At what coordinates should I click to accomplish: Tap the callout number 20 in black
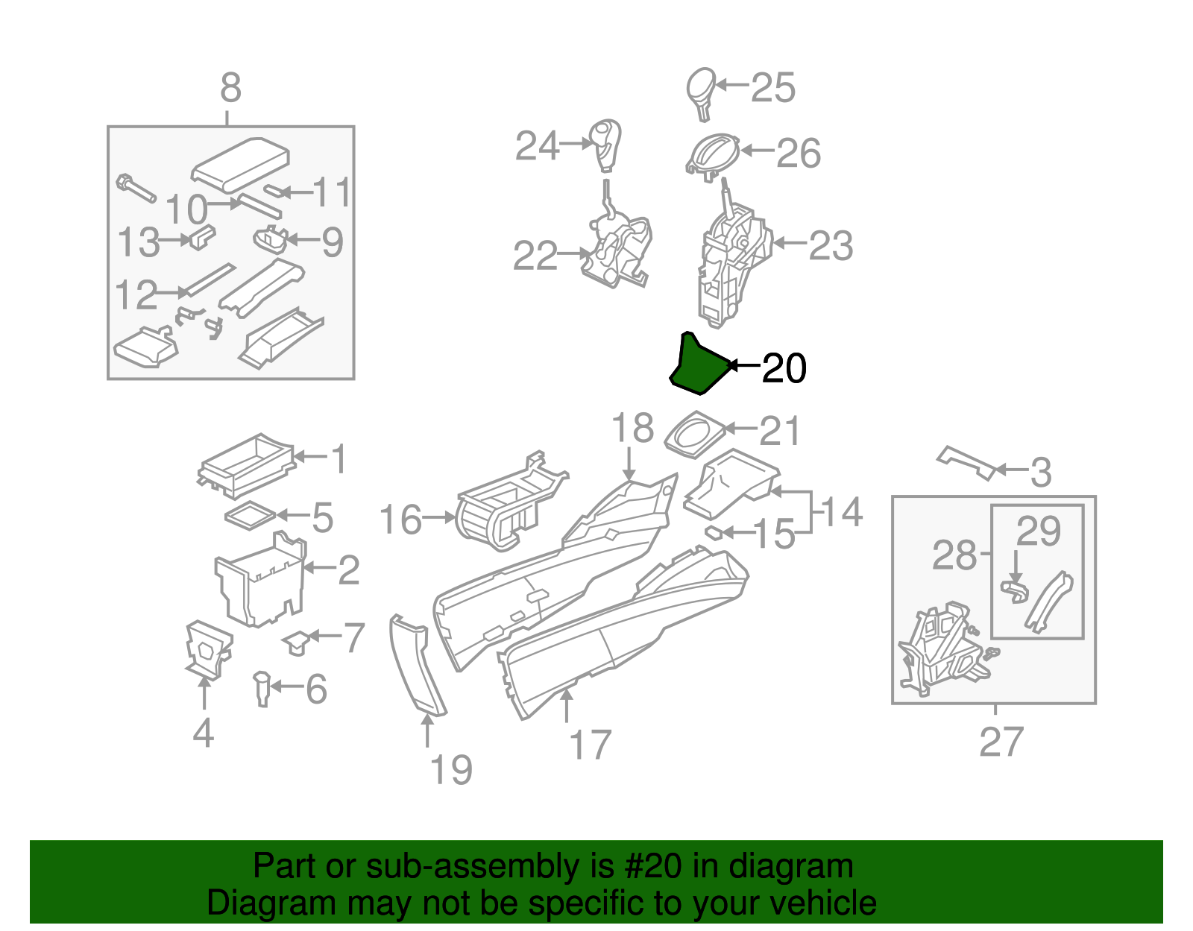pyautogui.click(x=784, y=368)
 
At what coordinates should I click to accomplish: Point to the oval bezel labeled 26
pyautogui.click(x=712, y=155)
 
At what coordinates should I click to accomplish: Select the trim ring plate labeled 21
pyautogui.click(x=694, y=435)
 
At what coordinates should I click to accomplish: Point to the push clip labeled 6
pyautogui.click(x=262, y=688)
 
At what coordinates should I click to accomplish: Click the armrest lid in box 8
pyautogui.click(x=240, y=161)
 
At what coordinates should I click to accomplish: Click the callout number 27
pyautogui.click(x=1001, y=742)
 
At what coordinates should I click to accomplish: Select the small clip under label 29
pyautogui.click(x=1015, y=591)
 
